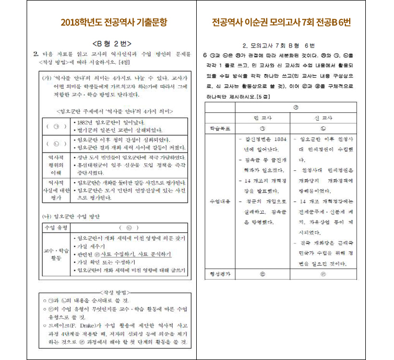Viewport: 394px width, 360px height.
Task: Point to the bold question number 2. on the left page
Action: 36,54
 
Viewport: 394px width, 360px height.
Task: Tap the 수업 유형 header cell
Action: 55,228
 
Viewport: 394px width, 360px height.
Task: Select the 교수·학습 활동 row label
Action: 55,254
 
